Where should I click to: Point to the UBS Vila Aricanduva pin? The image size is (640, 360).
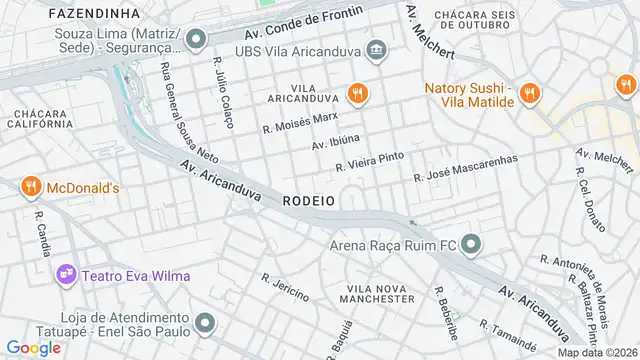pyautogui.click(x=376, y=49)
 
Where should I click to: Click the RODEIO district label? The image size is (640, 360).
pyautogui.click(x=308, y=201)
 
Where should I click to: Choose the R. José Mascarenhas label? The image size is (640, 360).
pyautogui.click(x=466, y=167)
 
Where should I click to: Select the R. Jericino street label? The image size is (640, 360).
pyautogui.click(x=285, y=286)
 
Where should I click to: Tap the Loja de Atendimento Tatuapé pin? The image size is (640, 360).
pyautogui.click(x=205, y=322)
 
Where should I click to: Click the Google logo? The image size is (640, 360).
pyautogui.click(x=33, y=347)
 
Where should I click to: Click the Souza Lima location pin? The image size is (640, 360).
pyautogui.click(x=196, y=40)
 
